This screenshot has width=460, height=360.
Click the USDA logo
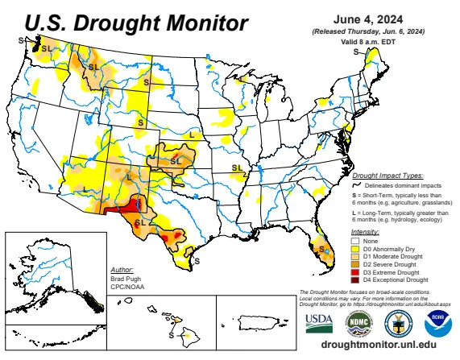pos(318,321)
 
